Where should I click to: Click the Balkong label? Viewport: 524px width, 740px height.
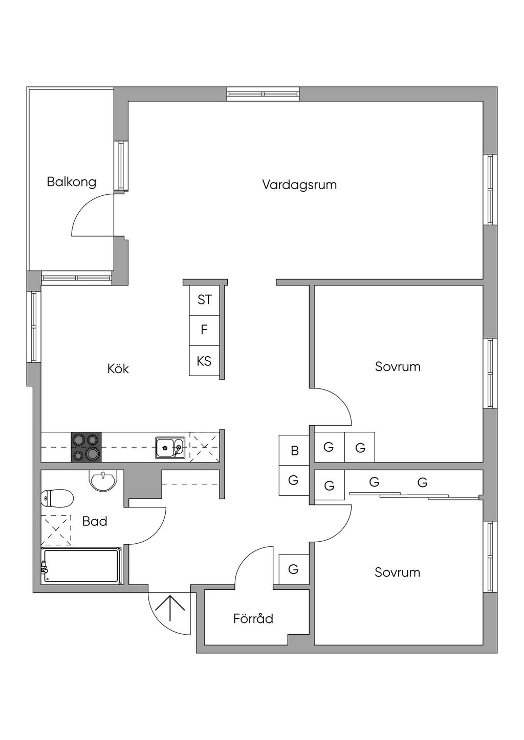click(x=71, y=182)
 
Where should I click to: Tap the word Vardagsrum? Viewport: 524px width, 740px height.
click(x=299, y=184)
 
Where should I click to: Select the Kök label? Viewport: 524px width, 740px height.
click(x=118, y=368)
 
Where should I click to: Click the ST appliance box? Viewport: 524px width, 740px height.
click(x=204, y=300)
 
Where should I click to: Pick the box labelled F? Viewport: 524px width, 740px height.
click(x=204, y=330)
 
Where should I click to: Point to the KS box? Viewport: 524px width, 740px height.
click(x=204, y=361)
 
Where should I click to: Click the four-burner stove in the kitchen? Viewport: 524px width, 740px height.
click(x=86, y=447)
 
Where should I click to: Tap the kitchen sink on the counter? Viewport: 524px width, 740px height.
click(x=170, y=448)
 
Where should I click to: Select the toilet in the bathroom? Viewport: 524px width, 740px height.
click(x=57, y=498)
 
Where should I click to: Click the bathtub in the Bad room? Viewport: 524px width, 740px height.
click(x=82, y=566)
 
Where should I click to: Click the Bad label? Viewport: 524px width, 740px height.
click(x=95, y=521)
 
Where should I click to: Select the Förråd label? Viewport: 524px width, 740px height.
click(x=253, y=619)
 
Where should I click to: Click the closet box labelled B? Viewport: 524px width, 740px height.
click(x=294, y=451)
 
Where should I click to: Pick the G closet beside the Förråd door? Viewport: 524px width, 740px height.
click(x=294, y=569)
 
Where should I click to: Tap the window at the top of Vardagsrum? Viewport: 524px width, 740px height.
click(x=263, y=94)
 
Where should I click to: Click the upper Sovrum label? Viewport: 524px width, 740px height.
click(x=398, y=366)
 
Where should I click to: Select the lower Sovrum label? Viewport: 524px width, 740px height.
click(x=397, y=572)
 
